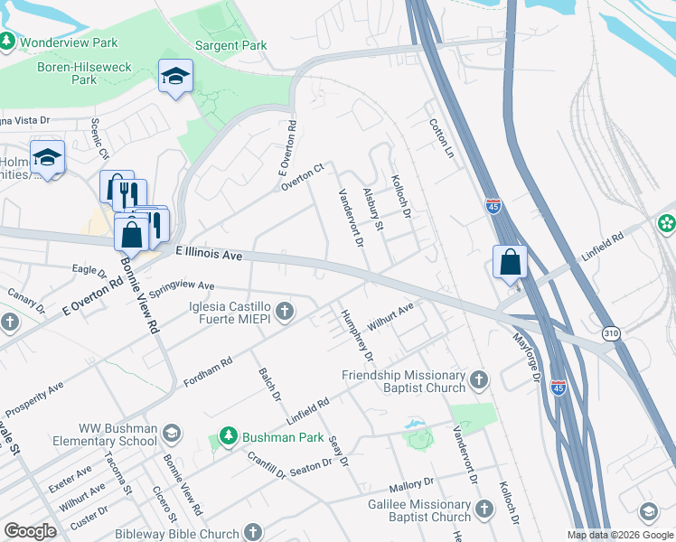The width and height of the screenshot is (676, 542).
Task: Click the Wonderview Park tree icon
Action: click(7, 42)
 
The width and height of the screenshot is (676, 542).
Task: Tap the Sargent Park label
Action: click(231, 44)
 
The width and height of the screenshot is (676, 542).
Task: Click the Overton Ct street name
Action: click(302, 176)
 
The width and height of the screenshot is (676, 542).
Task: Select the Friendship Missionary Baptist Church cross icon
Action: click(479, 380)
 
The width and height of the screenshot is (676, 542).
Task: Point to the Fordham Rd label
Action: click(208, 371)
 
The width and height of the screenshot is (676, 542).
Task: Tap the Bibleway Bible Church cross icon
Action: click(253, 533)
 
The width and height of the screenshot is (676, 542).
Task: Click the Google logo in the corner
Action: click(31, 531)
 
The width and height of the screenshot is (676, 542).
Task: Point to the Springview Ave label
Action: click(182, 288)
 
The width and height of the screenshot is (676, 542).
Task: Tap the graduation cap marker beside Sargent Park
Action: click(175, 76)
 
